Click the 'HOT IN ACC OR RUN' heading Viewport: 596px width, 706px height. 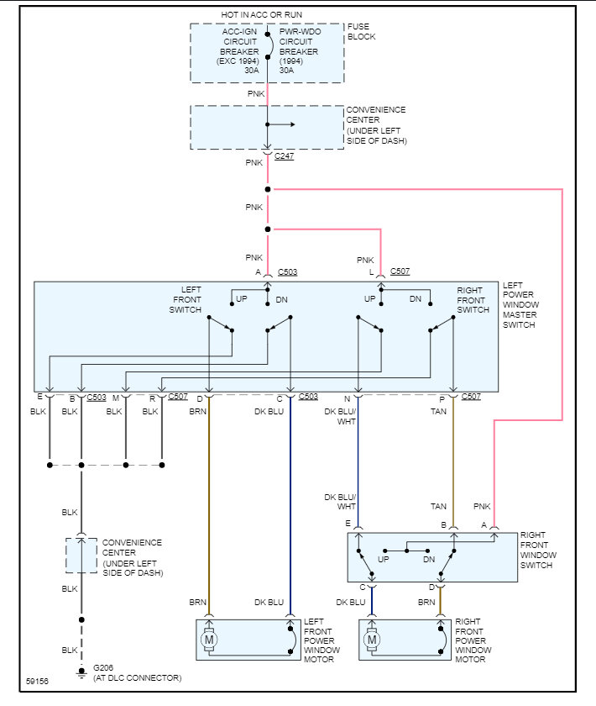pos(261,15)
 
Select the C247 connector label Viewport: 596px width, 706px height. pos(284,156)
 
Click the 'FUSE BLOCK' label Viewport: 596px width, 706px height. pos(361,32)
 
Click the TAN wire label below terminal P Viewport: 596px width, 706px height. pos(439,412)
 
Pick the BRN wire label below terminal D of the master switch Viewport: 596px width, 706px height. pos(197,412)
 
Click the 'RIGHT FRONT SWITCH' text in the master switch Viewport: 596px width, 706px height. pos(473,300)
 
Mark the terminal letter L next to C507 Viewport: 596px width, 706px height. pos(371,272)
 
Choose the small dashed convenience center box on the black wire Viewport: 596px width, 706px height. pos(81,556)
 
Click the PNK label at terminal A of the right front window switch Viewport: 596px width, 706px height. pos(482,507)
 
